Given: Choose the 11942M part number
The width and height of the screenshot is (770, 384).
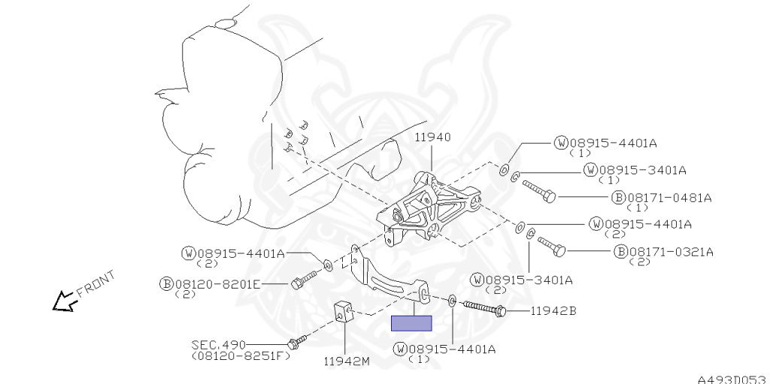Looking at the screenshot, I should [x=347, y=361].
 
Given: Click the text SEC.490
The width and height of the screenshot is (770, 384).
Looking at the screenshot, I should [x=218, y=345].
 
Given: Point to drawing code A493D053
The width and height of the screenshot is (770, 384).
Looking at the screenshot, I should [x=730, y=378].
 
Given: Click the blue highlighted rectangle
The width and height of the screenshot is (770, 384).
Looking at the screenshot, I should [x=411, y=324].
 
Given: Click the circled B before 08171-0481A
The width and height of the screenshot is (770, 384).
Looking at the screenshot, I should [x=618, y=198].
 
